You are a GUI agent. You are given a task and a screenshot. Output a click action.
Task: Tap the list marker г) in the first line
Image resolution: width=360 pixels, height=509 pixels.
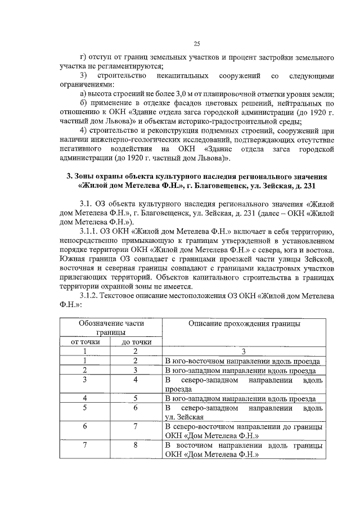pos(84,57)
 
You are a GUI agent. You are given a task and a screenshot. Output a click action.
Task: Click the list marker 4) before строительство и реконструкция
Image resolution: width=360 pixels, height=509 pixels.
pos(84,130)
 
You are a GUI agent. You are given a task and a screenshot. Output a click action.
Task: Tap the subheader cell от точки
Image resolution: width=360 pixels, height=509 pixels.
pos(85,341)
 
